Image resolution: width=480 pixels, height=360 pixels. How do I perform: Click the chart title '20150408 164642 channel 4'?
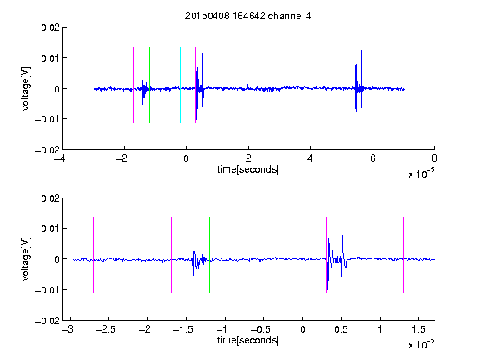pos(247,16)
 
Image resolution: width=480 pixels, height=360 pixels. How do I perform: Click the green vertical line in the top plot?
pos(149,85)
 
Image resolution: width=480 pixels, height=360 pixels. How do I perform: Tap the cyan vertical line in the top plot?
pos(180,85)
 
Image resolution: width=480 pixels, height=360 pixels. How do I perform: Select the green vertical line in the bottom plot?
pos(209,255)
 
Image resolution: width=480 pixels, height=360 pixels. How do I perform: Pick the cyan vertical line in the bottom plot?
pos(287,255)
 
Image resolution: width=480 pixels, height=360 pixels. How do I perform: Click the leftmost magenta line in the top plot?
pos(102,85)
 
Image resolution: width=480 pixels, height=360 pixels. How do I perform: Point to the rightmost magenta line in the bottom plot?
pos(403,255)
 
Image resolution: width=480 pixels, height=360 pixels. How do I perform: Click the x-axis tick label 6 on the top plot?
pos(372,158)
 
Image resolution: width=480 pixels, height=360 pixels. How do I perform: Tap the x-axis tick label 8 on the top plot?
pos(434,158)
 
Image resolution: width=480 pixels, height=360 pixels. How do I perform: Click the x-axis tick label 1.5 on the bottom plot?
pos(418,329)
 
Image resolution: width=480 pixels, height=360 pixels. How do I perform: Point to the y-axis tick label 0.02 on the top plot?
pos(50,27)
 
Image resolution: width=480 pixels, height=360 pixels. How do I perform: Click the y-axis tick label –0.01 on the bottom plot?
pos(47,290)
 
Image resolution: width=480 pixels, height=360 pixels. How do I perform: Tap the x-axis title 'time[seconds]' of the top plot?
pos(248,169)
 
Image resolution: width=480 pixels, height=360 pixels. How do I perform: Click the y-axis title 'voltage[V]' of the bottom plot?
pos(27,259)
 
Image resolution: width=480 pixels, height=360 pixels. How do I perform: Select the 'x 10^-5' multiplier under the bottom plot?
pos(421,343)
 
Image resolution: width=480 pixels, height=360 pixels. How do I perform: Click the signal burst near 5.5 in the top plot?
pos(358,82)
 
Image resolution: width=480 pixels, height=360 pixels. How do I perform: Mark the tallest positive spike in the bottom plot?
pos(342,226)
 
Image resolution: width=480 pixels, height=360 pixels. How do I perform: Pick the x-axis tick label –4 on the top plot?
pos(59,158)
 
